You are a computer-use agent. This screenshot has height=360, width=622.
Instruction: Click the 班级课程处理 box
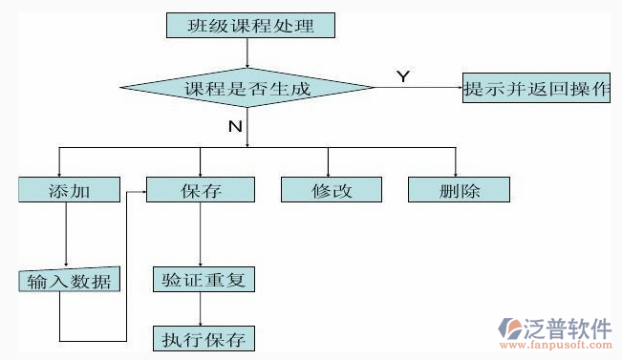251,25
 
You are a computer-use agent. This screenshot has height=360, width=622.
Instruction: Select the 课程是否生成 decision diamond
247,89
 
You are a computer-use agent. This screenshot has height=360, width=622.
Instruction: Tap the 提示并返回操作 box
535,89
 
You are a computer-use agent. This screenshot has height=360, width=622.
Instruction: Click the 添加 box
69,190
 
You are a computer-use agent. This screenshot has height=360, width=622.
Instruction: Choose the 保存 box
201,190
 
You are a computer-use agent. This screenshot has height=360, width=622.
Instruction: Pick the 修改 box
332,190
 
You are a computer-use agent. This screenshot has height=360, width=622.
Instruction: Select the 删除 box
460,190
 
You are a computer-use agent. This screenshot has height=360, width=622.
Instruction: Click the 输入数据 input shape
68,281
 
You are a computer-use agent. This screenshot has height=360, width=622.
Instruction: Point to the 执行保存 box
204,338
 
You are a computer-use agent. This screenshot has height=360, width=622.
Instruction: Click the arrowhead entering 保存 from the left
141,190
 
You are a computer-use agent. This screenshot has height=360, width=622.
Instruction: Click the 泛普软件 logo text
565,328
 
